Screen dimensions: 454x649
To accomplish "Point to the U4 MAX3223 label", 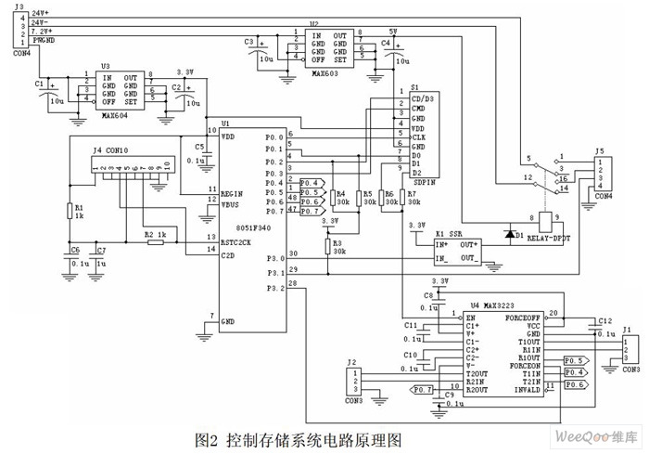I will click(x=492, y=304).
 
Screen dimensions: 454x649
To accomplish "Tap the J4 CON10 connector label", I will click(x=111, y=149).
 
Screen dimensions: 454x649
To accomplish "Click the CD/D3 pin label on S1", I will click(x=423, y=97).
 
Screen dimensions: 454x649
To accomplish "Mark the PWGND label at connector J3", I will click(x=43, y=40).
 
